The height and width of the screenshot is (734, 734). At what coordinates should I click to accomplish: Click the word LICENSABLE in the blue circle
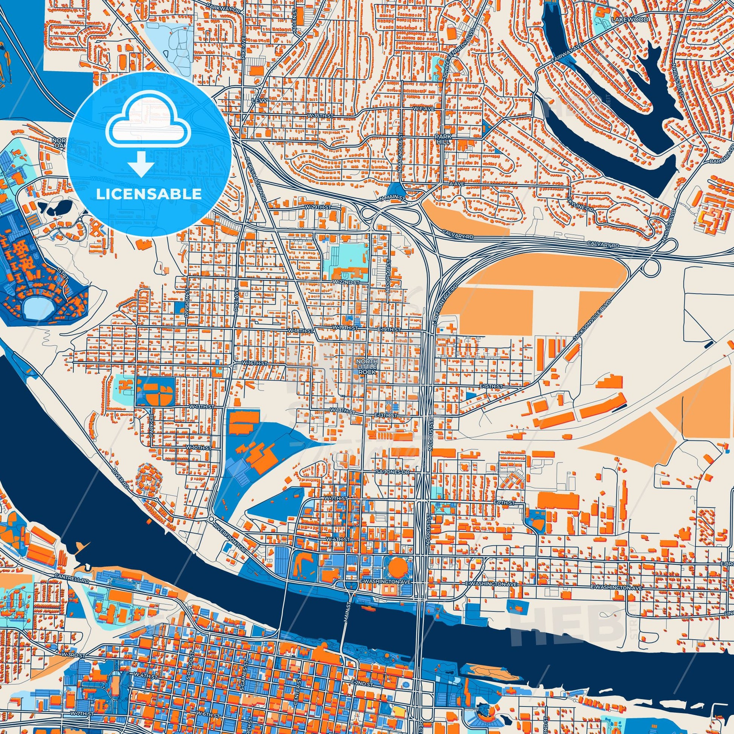tap(149, 194)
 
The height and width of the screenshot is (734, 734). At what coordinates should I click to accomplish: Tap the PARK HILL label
tap(442, 138)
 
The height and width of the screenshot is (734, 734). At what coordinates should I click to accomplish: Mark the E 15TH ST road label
tap(491, 386)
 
